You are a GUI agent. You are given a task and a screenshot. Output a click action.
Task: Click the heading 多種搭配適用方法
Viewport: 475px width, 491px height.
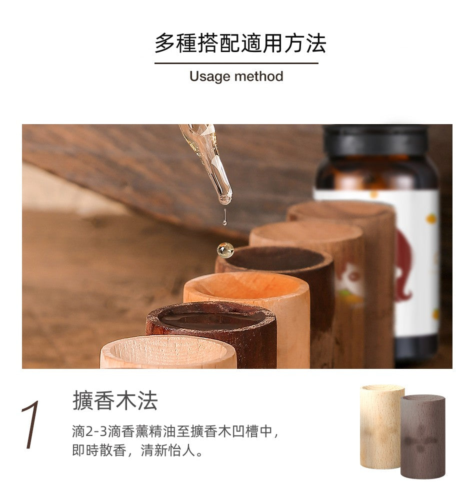(x=240, y=43)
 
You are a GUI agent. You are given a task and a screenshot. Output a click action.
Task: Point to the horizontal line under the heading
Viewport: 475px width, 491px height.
(x=236, y=63)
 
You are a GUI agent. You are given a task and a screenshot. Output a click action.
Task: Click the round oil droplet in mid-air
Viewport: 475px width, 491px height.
(x=225, y=250)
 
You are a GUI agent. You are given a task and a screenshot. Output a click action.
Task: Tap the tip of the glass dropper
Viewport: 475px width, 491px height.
(x=225, y=202)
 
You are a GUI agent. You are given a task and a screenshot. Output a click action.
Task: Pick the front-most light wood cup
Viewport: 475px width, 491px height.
(x=168, y=352)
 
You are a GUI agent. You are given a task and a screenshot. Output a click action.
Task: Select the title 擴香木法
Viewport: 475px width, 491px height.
(x=115, y=400)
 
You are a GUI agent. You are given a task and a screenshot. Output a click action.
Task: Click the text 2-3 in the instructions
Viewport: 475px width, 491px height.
(x=96, y=431)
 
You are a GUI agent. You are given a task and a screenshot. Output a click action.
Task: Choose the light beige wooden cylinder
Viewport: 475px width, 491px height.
(x=380, y=426)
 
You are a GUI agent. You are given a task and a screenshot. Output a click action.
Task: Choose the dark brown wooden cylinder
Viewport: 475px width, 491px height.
(x=422, y=436)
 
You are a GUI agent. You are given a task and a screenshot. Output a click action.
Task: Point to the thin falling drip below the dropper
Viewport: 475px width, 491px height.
(x=224, y=217)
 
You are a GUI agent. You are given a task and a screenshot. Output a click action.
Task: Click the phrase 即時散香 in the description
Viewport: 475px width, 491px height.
(x=99, y=450)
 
